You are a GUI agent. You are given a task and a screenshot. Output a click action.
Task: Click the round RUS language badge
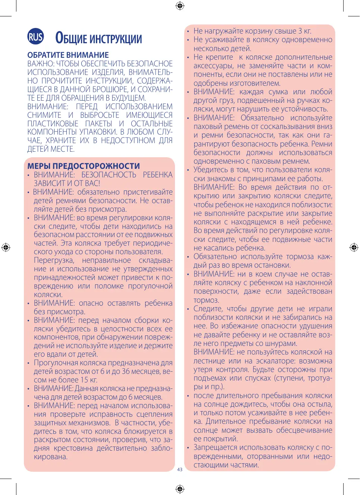coord(35,37)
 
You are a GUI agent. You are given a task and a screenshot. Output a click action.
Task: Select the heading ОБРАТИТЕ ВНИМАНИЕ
coord(68,55)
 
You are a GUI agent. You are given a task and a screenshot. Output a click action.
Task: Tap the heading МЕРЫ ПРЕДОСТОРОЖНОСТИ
coord(84,166)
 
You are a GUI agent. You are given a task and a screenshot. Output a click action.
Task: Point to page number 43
coord(180,470)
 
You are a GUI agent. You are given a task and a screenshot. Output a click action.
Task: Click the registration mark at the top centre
coord(180,6)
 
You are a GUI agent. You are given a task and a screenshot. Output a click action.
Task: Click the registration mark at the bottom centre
coord(180,489)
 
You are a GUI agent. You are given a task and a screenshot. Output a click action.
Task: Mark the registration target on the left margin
coord(6,247)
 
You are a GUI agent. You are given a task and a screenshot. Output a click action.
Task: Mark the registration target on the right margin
coord(354,247)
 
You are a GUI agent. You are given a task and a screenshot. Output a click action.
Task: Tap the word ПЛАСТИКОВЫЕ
coord(53,124)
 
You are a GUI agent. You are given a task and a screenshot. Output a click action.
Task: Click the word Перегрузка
coord(54,260)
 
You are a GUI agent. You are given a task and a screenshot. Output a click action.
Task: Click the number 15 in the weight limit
coord(84,380)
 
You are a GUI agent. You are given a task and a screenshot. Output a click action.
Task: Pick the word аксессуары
coord(213,66)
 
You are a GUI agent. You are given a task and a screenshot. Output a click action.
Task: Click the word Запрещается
coord(215,448)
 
